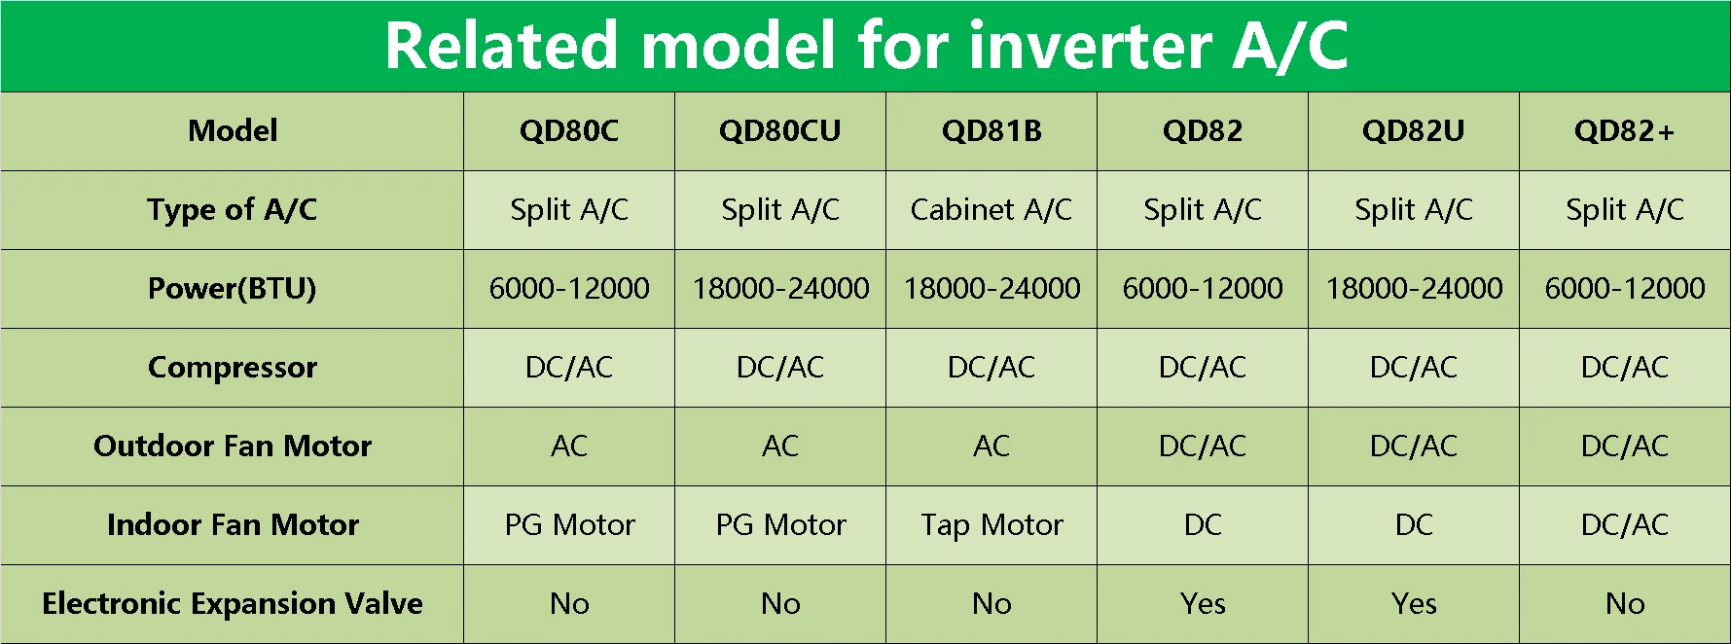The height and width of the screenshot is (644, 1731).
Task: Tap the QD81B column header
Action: pos(992,131)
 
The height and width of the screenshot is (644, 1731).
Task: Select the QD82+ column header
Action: pos(1624,131)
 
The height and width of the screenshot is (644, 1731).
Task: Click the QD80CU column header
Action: pos(779,131)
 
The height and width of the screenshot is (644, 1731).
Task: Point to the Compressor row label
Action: pos(233,368)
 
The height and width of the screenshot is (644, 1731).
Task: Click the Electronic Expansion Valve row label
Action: pos(233,604)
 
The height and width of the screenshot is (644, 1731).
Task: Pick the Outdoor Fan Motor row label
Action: pos(233,447)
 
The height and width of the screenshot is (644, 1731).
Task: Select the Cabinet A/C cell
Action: pos(992,210)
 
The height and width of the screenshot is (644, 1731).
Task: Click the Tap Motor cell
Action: pos(992,525)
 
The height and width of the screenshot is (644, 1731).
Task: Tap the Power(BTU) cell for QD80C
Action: pos(569,289)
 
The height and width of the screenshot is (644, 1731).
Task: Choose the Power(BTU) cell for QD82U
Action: pos(1414,289)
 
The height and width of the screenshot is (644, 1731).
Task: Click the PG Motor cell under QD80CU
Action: pos(780,525)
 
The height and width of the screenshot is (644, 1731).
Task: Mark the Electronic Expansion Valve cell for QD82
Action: pos(1203,604)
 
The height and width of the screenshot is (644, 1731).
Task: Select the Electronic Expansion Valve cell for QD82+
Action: pos(1624,604)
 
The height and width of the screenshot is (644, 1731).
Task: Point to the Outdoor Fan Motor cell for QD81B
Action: pos(992,447)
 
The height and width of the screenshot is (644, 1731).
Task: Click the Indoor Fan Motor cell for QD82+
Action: pos(1624,525)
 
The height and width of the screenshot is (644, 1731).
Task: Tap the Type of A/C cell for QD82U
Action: pos(1414,210)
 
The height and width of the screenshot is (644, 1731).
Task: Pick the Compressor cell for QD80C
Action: pos(569,368)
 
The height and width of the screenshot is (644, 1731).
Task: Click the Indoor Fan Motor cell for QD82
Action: pos(1203,525)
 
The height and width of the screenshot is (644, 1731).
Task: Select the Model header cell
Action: pos(233,131)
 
